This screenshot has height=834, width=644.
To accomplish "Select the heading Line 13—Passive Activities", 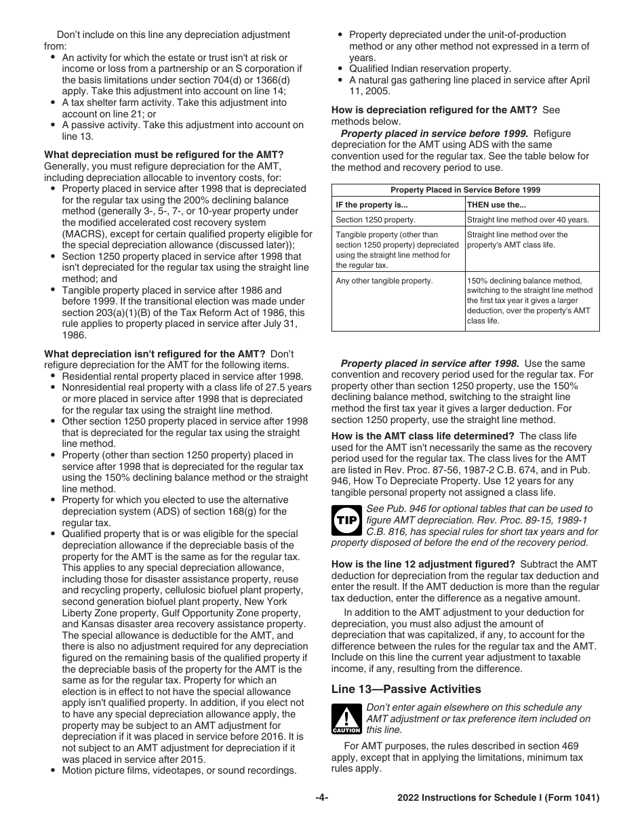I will [406, 689].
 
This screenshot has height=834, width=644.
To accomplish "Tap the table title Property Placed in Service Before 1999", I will [465, 191].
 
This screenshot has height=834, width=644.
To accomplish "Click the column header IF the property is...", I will [371, 205].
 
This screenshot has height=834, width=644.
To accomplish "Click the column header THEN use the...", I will [496, 205].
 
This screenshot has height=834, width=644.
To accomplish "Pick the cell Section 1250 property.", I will [376, 220].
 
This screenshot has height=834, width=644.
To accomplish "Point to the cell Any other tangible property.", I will [384, 280].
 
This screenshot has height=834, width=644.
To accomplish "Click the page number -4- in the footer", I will [322, 798].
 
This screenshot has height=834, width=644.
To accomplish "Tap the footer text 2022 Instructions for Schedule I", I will [498, 798].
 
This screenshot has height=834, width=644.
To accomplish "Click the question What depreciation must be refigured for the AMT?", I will [164, 155].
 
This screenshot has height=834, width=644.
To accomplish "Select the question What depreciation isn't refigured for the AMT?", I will [155, 353].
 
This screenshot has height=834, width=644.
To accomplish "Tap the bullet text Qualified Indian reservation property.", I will [430, 68].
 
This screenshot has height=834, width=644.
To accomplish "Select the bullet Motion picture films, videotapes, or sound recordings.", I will [179, 770].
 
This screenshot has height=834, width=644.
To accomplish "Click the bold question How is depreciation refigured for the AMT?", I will [434, 110].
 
